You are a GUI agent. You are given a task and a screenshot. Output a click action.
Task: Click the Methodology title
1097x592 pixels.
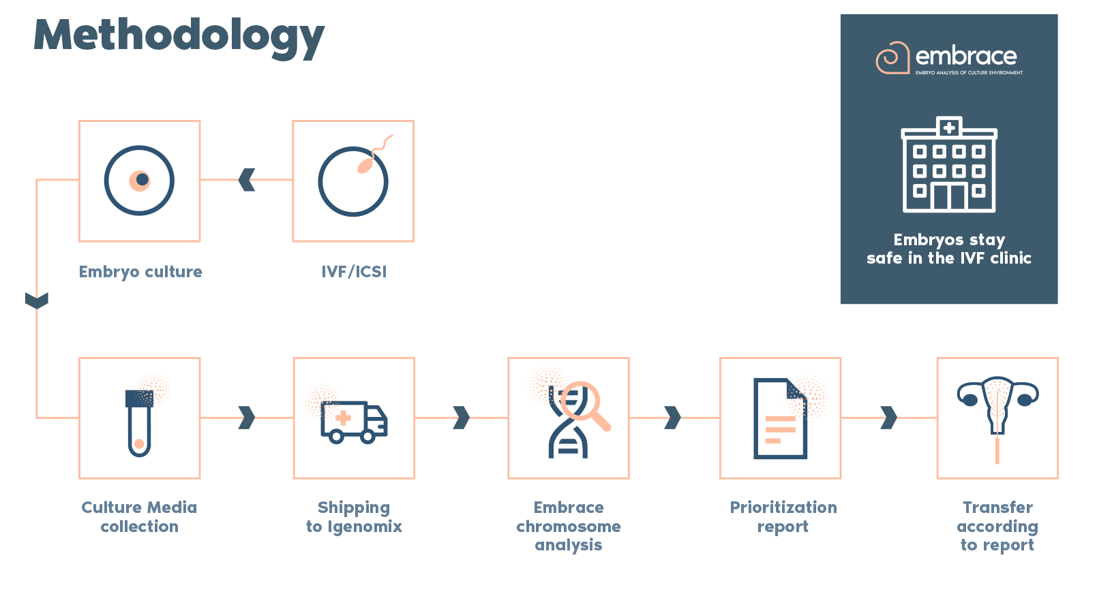(x=179, y=35)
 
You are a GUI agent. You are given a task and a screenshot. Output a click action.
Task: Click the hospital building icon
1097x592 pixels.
(x=949, y=165)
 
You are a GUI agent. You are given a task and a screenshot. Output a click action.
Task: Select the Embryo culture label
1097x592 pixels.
(x=140, y=272)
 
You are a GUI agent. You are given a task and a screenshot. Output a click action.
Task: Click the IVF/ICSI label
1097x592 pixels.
(x=354, y=272)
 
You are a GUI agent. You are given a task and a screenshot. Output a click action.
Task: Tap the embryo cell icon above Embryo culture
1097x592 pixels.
(x=139, y=181)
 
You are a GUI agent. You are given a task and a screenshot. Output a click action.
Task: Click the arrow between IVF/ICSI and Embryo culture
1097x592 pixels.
(x=247, y=180)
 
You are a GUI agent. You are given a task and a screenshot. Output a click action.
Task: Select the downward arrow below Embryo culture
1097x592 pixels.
(x=37, y=300)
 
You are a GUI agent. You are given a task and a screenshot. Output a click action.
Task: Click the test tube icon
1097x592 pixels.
(x=139, y=422)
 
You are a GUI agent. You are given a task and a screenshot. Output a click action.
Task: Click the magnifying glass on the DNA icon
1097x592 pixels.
(x=583, y=405)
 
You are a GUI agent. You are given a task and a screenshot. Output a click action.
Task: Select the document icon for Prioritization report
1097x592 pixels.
(x=780, y=418)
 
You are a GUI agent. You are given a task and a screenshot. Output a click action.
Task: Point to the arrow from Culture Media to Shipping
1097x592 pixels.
(x=247, y=418)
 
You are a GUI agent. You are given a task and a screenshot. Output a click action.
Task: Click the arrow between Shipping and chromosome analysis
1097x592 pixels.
(x=462, y=418)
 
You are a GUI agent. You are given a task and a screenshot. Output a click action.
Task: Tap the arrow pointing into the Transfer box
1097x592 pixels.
(x=889, y=418)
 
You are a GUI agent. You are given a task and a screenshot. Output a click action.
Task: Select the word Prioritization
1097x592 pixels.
(x=783, y=508)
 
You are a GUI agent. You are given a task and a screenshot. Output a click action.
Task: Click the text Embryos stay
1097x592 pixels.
(x=949, y=240)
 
